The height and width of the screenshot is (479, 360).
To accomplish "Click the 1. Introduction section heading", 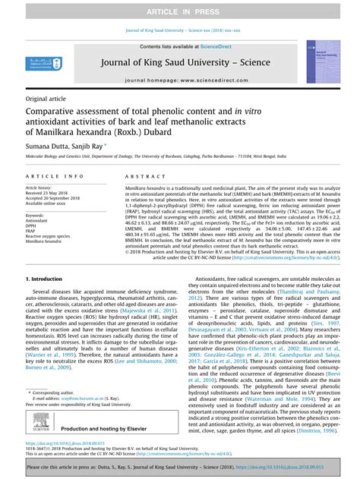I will pyautogui.click(x=49, y=279).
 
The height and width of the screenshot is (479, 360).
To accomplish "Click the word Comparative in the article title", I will pyautogui.click(x=55, y=111).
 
